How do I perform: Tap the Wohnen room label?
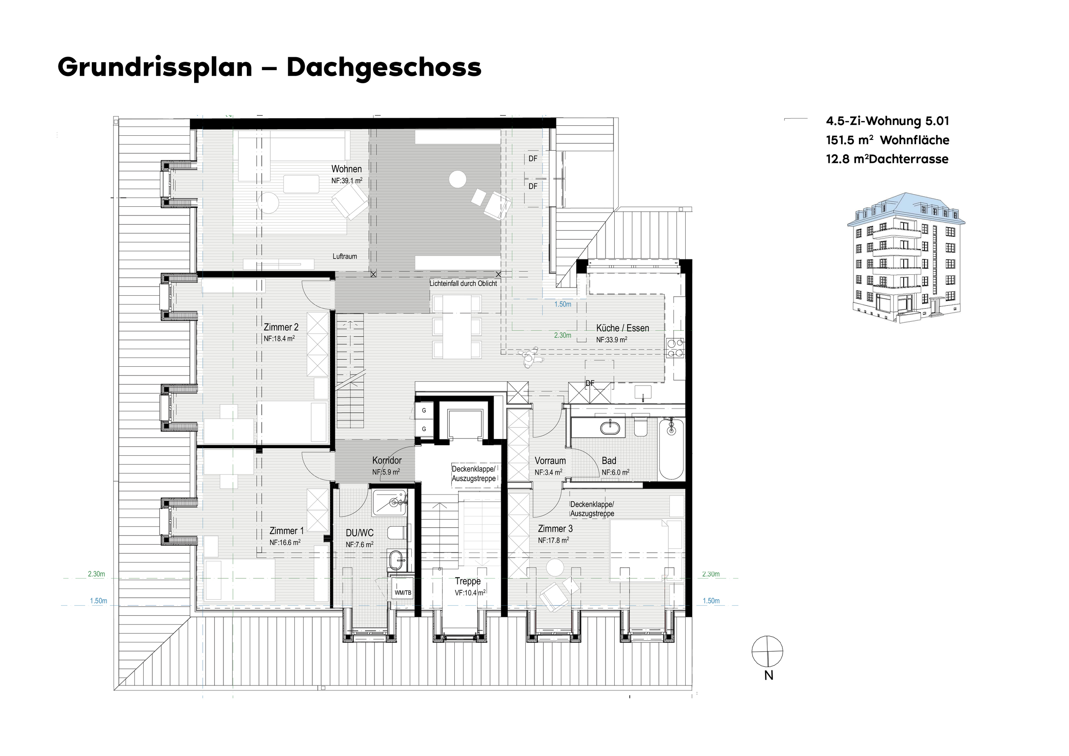click(x=347, y=169)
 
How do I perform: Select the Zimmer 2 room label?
click(x=281, y=327)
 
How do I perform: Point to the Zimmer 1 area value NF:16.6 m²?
click(x=285, y=542)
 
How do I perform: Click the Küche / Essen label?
click(x=623, y=328)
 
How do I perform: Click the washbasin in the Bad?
click(x=610, y=427)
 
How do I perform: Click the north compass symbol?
click(x=767, y=651)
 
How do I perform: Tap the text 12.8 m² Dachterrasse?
click(x=887, y=159)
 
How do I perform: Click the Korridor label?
click(x=387, y=460)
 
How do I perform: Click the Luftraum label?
click(x=345, y=256)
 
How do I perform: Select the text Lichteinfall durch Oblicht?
click(x=463, y=283)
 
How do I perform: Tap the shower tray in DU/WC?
click(x=390, y=502)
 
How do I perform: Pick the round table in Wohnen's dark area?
click(x=458, y=179)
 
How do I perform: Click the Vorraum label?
click(x=550, y=461)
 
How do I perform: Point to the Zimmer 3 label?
click(x=555, y=529)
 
